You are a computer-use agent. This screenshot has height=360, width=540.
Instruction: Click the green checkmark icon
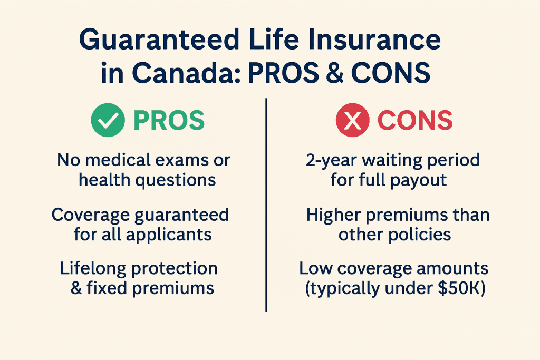click(108, 120)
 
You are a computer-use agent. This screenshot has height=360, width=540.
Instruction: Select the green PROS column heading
click(169, 121)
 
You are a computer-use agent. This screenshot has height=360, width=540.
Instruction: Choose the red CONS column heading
click(415, 121)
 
